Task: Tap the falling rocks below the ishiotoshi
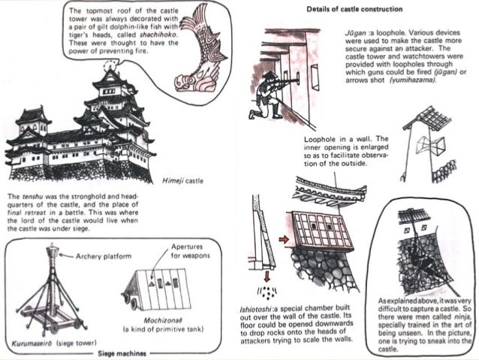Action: (x=265, y=291)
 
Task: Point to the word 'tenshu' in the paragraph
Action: (x=30, y=197)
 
